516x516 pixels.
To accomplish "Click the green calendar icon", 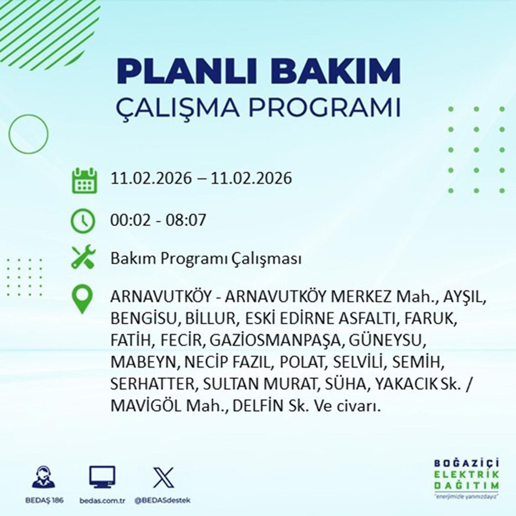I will (x=84, y=180).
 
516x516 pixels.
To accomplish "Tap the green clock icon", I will (x=83, y=220).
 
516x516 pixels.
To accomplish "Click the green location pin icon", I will (x=83, y=299).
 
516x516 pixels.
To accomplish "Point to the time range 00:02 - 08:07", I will (x=158, y=219).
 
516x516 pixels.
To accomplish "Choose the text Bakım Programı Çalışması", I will (x=206, y=259).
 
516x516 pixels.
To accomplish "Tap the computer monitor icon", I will (x=102, y=477).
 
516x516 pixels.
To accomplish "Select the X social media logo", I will (x=163, y=476).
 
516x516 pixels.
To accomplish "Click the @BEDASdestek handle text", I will (x=162, y=500).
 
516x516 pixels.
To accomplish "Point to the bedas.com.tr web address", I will (x=102, y=500).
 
